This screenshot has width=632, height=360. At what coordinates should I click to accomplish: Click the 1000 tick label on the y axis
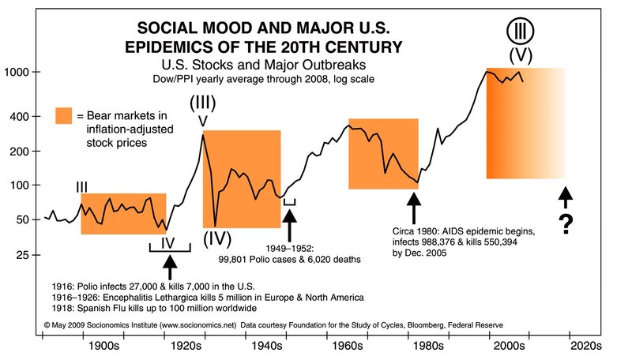pos(15,73)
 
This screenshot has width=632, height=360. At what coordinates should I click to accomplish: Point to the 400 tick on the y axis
pos(18,116)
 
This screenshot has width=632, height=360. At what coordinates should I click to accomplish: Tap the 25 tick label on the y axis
pos(22,255)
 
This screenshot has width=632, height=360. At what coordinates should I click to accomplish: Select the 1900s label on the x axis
pos(103,345)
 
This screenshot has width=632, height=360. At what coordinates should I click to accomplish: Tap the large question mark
pos(566,226)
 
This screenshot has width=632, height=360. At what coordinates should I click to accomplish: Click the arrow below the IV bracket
pos(170,266)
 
